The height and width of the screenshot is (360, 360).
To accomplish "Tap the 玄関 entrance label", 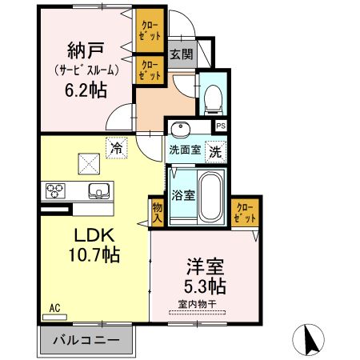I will (x=180, y=54).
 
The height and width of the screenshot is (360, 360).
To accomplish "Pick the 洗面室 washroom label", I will (x=184, y=149).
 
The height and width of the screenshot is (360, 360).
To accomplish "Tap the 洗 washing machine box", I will (x=215, y=149).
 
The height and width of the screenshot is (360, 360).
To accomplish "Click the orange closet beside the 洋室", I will (x=245, y=212).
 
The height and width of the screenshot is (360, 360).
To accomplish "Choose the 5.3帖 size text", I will (x=205, y=286).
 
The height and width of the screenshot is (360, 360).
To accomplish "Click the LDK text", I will (x=94, y=237).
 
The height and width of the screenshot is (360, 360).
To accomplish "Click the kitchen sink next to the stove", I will (x=98, y=190).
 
